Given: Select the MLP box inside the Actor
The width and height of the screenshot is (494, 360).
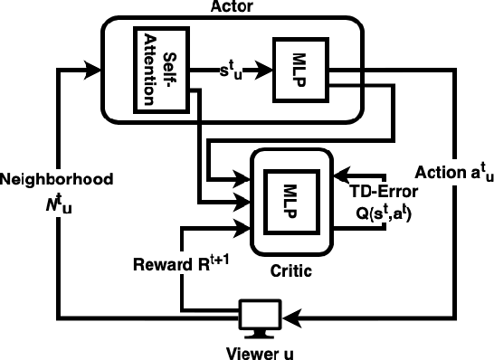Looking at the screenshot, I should click(296, 69).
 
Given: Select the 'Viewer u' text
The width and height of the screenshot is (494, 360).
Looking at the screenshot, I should click(260, 351).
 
